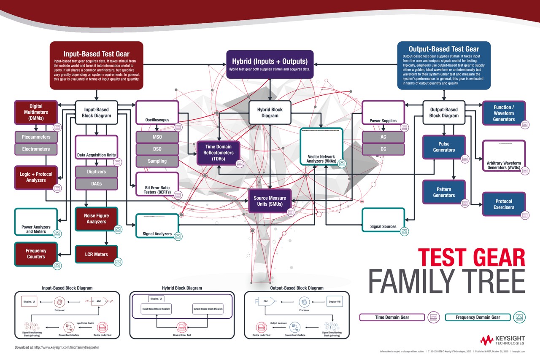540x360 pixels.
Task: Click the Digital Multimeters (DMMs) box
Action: [36, 112]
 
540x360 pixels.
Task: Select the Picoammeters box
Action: [36, 137]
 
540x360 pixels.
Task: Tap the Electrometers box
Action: [36, 149]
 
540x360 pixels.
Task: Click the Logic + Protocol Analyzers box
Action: [36, 177]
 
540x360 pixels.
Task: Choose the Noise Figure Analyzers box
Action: [97, 219]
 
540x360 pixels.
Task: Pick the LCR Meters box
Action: [97, 254]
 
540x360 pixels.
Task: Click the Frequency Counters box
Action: [36, 254]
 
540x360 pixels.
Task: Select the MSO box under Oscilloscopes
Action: [157, 137]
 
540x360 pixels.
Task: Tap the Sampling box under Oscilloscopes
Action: [157, 161]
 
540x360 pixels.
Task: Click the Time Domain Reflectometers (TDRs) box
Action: [219, 153]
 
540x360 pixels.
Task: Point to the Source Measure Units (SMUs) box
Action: [270, 201]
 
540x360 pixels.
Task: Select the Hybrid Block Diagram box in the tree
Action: [270, 113]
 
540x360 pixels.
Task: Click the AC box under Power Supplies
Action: [383, 137]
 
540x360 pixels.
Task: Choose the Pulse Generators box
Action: [444, 147]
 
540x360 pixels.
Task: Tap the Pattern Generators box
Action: [444, 192]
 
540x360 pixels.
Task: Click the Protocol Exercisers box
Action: [504, 204]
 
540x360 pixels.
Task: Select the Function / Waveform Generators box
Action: [504, 113]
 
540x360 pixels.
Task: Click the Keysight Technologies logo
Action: [502, 340]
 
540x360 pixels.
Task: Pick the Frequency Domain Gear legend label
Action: [478, 317]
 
